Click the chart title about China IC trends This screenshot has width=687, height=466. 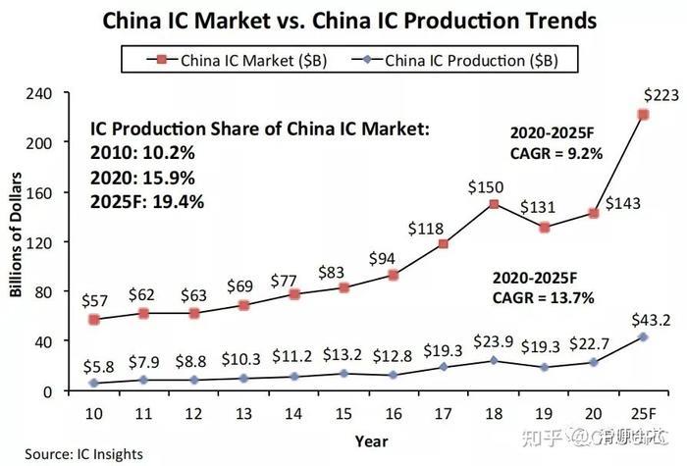point(343,19)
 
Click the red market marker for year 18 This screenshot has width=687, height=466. point(494,205)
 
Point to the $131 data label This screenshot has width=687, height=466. point(542,209)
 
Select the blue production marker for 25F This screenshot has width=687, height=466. point(643,337)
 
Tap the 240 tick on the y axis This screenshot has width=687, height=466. point(39,93)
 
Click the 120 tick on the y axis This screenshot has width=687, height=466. point(39,242)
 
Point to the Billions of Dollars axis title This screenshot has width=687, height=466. point(17,241)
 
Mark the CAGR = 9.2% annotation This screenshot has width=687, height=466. point(555,153)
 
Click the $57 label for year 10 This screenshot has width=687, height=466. point(95,298)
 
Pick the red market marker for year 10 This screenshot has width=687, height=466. point(94,320)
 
